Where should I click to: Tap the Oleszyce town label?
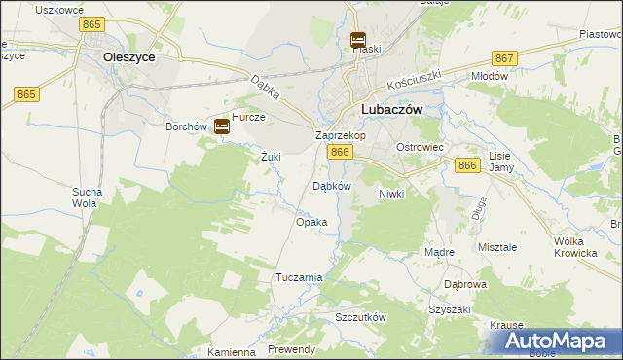128,57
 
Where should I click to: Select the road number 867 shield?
504,58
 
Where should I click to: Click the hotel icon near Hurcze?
222,126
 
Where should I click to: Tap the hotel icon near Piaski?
358,41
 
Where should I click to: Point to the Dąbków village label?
330,186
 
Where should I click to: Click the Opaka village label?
311,222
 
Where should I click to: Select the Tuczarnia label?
299,277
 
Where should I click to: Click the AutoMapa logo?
560,342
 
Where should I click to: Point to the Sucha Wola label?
86,198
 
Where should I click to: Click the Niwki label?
390,194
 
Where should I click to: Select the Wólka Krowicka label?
574,247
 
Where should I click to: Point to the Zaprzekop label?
340,136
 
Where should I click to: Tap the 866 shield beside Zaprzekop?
339,153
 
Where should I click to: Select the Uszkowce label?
55,9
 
